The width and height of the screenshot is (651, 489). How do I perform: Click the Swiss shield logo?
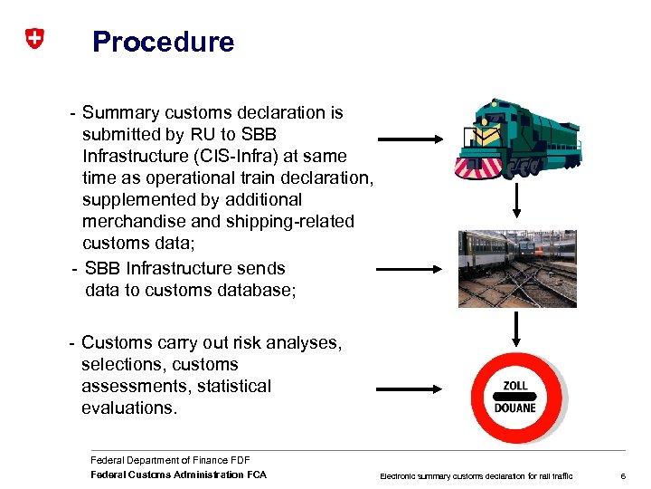click(x=33, y=39)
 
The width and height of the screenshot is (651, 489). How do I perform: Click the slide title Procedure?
click(x=163, y=42)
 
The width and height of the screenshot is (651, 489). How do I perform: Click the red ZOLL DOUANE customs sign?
click(x=516, y=398)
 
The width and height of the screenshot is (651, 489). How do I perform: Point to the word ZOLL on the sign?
click(x=515, y=386)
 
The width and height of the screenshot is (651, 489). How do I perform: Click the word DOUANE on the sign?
click(x=515, y=408)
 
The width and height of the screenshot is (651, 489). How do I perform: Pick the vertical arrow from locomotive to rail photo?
click(x=516, y=202)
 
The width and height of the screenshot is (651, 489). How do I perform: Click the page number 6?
click(x=623, y=475)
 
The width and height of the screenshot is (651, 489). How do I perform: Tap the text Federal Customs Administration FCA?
click(x=178, y=475)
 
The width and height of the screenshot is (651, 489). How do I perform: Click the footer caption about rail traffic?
click(x=476, y=475)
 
